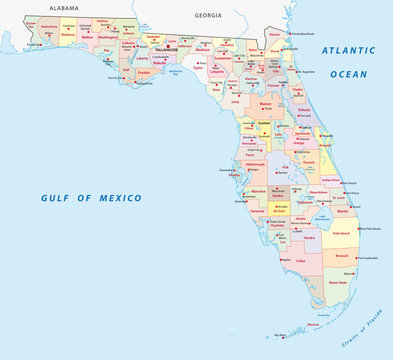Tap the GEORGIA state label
click(x=208, y=16)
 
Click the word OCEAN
click(x=349, y=73)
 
